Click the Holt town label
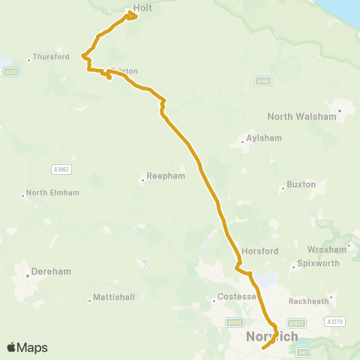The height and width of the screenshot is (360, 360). click(142, 8)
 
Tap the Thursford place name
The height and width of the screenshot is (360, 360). click(51, 57)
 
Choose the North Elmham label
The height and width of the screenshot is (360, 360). click(49, 193)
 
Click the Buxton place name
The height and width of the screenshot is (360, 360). click(301, 184)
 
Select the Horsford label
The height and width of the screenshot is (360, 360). click(259, 251)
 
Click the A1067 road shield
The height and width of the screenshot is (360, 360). click(61, 170)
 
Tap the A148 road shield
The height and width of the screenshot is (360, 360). click(10, 72)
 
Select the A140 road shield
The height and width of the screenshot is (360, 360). click(262, 80)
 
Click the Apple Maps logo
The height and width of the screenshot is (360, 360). click(27, 347)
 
